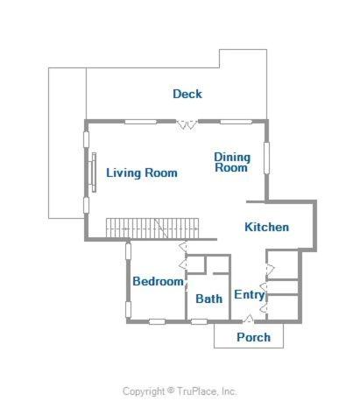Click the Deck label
pyautogui.click(x=187, y=94)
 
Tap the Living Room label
pyautogui.click(x=142, y=172)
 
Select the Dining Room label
pyautogui.click(x=232, y=162)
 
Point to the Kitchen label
pyautogui.click(x=266, y=227)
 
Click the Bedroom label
pyautogui.click(x=158, y=281)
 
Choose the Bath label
pyautogui.click(x=208, y=299)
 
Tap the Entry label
pyautogui.click(x=250, y=295)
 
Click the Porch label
pyautogui.click(x=253, y=337)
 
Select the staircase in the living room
pyautogui.click(x=152, y=228)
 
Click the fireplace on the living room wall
pyautogui.click(x=93, y=172)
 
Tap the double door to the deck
pyautogui.click(x=187, y=123)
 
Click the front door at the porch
pyautogui.click(x=249, y=319)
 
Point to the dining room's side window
pyautogui.click(x=266, y=158)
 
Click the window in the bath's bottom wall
pyautogui.click(x=199, y=321)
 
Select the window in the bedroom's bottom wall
pyautogui.click(x=157, y=321)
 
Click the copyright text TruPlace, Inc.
pyautogui.click(x=207, y=390)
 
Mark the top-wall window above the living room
pyautogui.click(x=141, y=122)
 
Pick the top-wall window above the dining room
pyautogui.click(x=236, y=122)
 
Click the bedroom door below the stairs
pyautogui.click(x=183, y=247)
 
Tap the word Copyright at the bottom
pyautogui.click(x=144, y=391)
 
